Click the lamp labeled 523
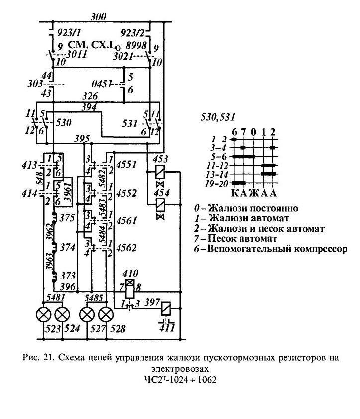(x=43, y=315)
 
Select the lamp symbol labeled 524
(x=62, y=315)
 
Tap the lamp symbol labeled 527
(x=87, y=315)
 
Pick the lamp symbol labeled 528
(x=106, y=315)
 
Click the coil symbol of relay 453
(x=160, y=172)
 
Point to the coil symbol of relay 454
(x=160, y=205)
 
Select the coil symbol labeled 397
(x=166, y=309)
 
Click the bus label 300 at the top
(x=98, y=17)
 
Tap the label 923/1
(x=69, y=33)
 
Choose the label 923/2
(x=132, y=33)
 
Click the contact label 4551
(x=126, y=164)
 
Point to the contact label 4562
(x=126, y=248)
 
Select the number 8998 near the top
(x=136, y=46)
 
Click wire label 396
(x=68, y=287)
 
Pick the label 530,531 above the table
(x=218, y=117)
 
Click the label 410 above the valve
(x=130, y=273)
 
